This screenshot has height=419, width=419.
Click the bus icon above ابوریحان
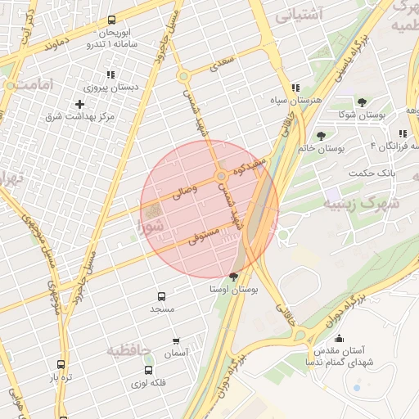[111, 20]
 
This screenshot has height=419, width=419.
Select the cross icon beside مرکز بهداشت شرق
[79, 104]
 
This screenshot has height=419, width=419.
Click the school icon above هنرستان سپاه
[295, 88]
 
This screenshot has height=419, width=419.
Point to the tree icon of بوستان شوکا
[362, 102]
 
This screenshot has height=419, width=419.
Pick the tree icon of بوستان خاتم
[320, 136]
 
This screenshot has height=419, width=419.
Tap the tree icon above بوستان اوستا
[234, 276]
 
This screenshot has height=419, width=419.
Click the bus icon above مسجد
[161, 296]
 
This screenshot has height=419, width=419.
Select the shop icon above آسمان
[176, 340]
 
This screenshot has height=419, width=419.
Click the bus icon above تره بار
[61, 364]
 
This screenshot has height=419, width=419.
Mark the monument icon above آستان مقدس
[338, 338]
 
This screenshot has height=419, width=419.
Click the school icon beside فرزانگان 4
[403, 133]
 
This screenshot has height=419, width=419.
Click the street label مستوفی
[204, 236]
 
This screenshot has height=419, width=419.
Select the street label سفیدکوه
[249, 168]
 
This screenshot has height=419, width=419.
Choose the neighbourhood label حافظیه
[128, 350]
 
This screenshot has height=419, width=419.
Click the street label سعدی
[223, 62]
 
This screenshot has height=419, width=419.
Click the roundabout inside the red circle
[221, 177]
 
